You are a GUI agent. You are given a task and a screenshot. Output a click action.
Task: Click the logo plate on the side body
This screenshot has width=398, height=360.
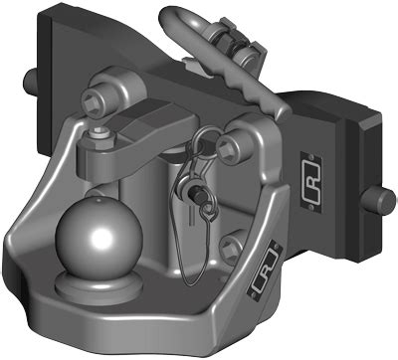[x=311, y=181]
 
